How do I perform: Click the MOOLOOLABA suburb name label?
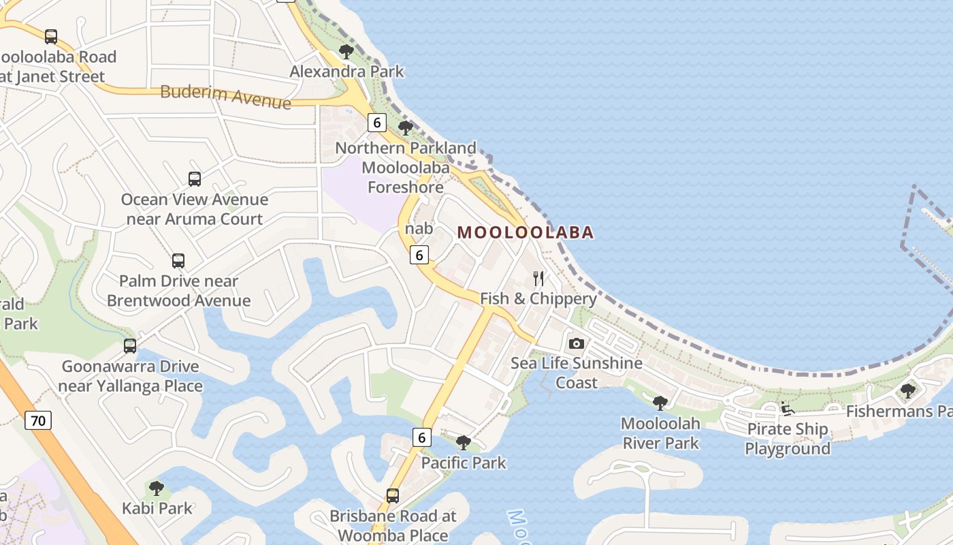coord(525,232)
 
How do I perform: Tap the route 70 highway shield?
coord(38,420)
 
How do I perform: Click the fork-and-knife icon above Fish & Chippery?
coord(538,278)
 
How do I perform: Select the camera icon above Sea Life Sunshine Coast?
coord(577,343)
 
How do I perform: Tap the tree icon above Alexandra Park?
coord(346,51)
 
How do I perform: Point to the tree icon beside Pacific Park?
coord(464,443)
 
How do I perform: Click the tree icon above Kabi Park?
coord(157,488)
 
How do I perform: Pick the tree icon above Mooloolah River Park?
coord(660,403)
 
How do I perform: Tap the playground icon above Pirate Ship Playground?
coord(788,409)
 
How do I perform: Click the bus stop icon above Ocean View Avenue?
coord(195,179)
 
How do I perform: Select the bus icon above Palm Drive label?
coord(178,261)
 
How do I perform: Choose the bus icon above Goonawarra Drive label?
coord(130,346)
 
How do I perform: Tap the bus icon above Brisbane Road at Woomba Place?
coord(393,496)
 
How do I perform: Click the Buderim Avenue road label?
coord(225,96)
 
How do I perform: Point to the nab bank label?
coord(419,228)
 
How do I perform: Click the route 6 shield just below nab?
coord(419,255)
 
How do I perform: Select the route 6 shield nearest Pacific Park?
coord(421,437)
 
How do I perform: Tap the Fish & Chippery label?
coord(538,298)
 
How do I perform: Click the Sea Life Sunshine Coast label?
coord(577,372)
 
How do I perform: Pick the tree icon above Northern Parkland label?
coord(406,127)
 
